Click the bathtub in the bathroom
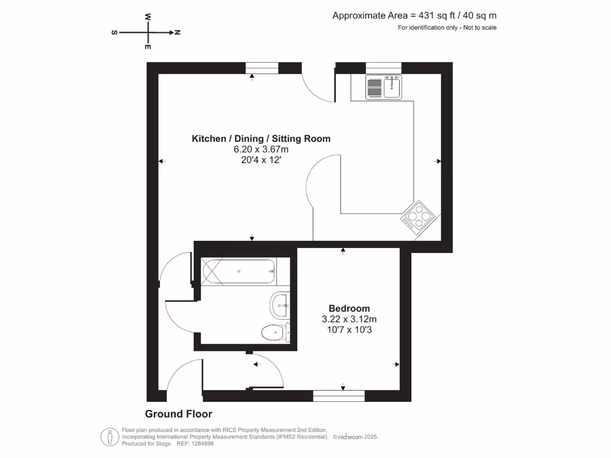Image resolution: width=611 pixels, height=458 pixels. tap(239, 271)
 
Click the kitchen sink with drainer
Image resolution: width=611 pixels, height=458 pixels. tap(384, 87)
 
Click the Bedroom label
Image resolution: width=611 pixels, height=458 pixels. tap(349, 308)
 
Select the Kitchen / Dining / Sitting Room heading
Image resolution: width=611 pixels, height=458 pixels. tap(261, 139)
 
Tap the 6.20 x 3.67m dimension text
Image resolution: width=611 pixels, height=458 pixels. tap(261, 149)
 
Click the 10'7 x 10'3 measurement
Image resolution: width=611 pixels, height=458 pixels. tap(349, 330)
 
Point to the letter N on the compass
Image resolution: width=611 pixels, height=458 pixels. tap(177, 32)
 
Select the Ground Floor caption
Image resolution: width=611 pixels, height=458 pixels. tap(178, 414)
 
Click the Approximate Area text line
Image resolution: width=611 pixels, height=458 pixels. tap(414, 16)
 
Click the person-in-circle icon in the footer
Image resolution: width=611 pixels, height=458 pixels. tap(110, 437)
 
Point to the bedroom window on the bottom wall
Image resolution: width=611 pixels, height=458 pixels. tap(339, 395)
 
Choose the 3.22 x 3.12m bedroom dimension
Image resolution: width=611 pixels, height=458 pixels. tap(349, 319)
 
